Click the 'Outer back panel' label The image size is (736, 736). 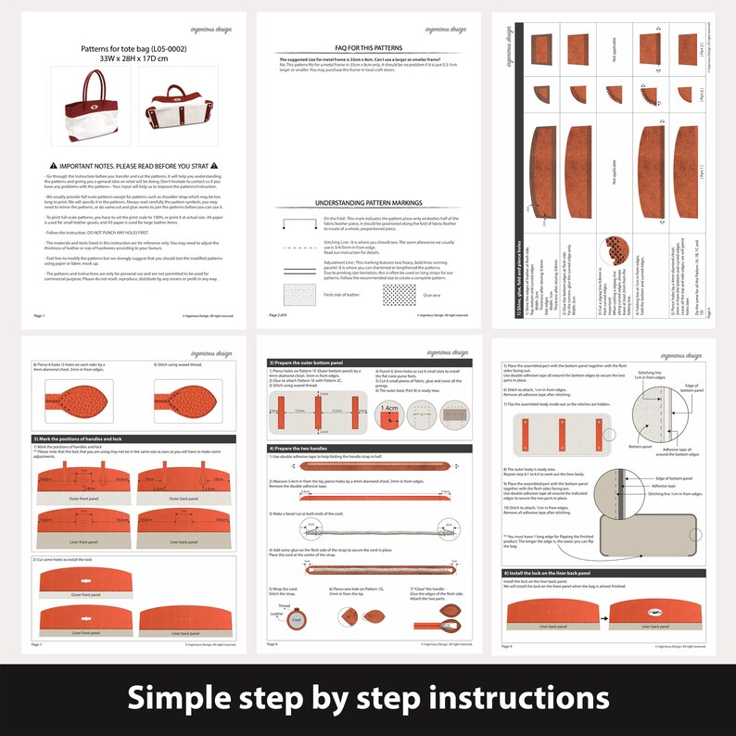point(184,497)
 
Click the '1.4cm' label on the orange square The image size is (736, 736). point(388,407)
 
